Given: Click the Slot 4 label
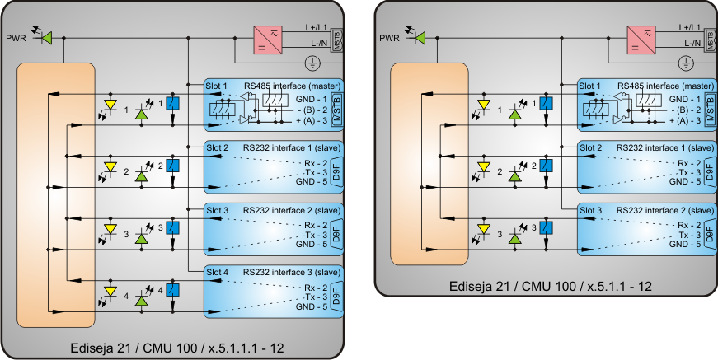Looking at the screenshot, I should coord(217,271).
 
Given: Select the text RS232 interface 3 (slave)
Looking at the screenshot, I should coord(292,271).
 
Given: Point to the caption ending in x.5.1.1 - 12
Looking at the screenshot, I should coord(551,286).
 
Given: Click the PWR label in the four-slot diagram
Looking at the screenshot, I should coord(16,38).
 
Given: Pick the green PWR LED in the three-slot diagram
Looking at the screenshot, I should coord(420,38).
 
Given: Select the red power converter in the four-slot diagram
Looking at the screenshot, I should coord(269,39).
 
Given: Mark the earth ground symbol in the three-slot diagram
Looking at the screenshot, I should coord(686,63).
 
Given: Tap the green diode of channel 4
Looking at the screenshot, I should coord(142,296).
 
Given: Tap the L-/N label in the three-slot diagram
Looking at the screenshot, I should coord(690,42).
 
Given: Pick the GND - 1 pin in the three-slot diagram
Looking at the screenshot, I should coord(686,98).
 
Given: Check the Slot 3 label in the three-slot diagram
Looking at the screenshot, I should coord(589,209).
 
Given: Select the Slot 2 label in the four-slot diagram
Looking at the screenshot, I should coord(217,147).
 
